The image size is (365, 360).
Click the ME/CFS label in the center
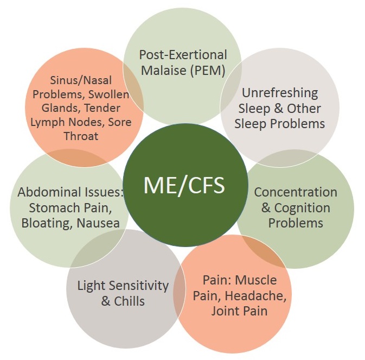(x=184, y=185)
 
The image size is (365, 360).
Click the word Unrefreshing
(x=280, y=93)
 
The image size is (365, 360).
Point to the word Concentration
(x=296, y=192)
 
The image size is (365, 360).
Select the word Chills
(x=130, y=300)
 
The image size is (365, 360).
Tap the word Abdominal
(x=47, y=192)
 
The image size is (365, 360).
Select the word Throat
(x=81, y=136)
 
